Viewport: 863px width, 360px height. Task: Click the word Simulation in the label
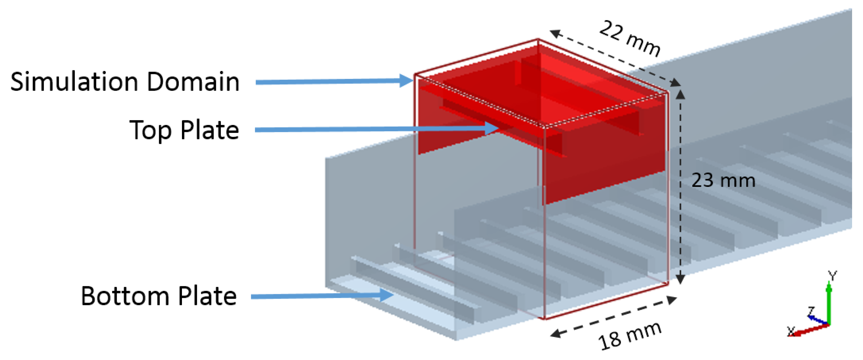pyautogui.click(x=74, y=82)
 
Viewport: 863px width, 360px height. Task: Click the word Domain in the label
pyautogui.click(x=193, y=82)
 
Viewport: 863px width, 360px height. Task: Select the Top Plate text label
pyautogui.click(x=184, y=130)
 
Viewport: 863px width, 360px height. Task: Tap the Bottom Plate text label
pyautogui.click(x=159, y=296)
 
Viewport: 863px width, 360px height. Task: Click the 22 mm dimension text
pyautogui.click(x=630, y=38)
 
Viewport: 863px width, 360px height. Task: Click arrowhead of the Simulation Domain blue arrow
pyautogui.click(x=406, y=80)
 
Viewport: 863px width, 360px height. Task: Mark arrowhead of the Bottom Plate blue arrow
pyautogui.click(x=387, y=295)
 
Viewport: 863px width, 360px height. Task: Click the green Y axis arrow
pyautogui.click(x=829, y=303)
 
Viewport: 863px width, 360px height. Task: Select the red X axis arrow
pyautogui.click(x=808, y=330)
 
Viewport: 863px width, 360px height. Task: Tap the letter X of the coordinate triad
pyautogui.click(x=791, y=331)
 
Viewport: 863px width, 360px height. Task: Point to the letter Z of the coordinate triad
pyautogui.click(x=811, y=311)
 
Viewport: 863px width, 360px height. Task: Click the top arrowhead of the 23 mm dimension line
pyautogui.click(x=680, y=95)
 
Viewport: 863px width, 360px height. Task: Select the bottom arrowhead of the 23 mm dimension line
pyautogui.click(x=680, y=279)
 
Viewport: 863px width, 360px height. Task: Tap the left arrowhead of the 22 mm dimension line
pyautogui.click(x=556, y=33)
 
